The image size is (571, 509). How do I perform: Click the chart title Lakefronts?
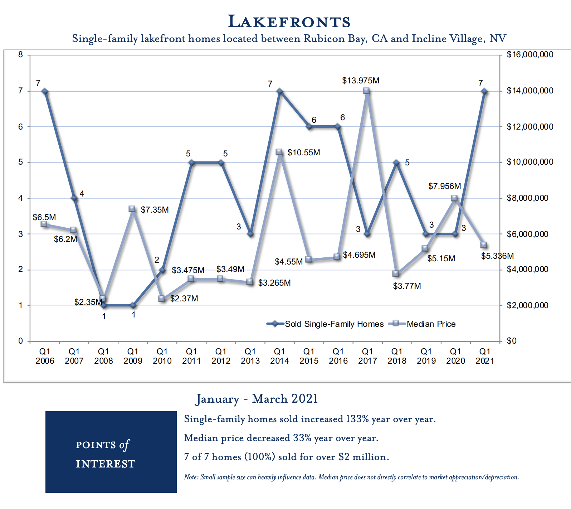[x=289, y=22]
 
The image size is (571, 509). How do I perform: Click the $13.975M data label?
[x=360, y=81]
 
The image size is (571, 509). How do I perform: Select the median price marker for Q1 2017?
[x=366, y=91]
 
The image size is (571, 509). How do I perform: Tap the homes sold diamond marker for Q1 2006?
[x=45, y=91]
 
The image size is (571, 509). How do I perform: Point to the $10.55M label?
[x=303, y=153]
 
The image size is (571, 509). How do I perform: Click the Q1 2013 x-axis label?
[x=250, y=356]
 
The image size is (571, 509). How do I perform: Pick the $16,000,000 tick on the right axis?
[x=530, y=55]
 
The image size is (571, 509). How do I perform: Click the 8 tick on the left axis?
[x=20, y=55]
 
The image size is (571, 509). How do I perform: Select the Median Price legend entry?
[x=431, y=324]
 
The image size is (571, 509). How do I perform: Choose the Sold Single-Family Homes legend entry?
[x=334, y=324]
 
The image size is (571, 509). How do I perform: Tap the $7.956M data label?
[x=444, y=186]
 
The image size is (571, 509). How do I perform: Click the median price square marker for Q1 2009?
[x=132, y=209]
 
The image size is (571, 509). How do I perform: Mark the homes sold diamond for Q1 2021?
[x=484, y=91]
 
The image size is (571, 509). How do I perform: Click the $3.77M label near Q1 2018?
[x=407, y=286]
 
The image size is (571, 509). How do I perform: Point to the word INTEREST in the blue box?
[x=106, y=464]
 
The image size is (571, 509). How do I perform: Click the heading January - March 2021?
[x=257, y=399]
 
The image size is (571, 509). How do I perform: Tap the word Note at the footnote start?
[x=191, y=477]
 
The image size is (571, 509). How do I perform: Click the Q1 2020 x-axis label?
[x=455, y=356]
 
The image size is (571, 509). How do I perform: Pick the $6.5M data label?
[x=44, y=217]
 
